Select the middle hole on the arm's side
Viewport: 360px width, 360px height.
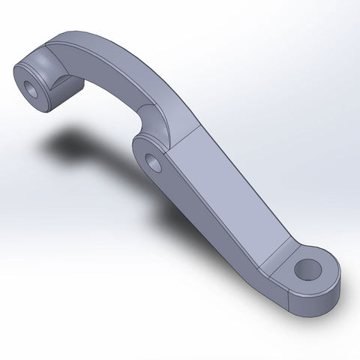[x=154, y=161]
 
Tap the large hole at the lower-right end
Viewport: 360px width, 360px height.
[x=307, y=269]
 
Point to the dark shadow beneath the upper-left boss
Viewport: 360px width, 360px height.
[x=75, y=142]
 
